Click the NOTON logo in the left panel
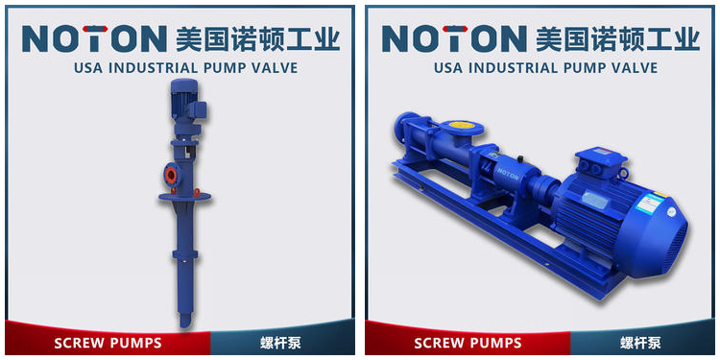click(x=94, y=38)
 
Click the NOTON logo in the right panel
click(x=454, y=38)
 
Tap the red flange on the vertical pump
click(x=171, y=175)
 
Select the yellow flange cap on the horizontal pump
click(x=460, y=125)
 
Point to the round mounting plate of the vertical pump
click(x=184, y=197)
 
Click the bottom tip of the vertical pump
click(x=184, y=325)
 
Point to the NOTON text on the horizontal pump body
click(x=507, y=174)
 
